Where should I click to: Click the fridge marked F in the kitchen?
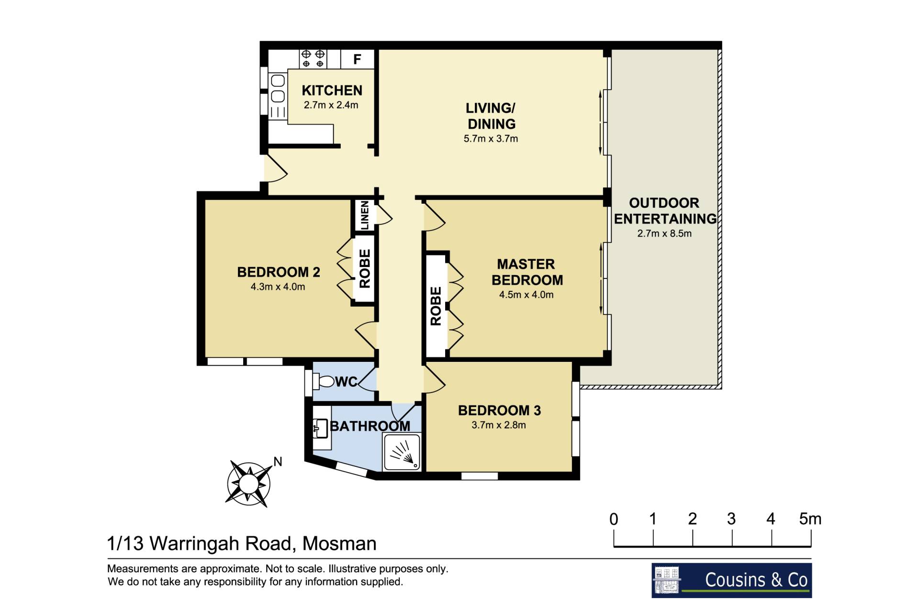click(x=357, y=59)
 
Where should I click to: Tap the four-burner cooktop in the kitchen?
click(x=313, y=59)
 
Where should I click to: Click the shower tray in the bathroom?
click(x=402, y=451)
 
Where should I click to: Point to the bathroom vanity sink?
click(x=321, y=428)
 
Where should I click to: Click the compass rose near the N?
click(x=248, y=483)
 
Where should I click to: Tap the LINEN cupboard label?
click(x=365, y=215)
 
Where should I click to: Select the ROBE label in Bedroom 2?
click(x=365, y=268)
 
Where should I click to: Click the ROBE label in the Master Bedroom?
click(x=436, y=306)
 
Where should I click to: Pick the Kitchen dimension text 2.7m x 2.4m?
click(x=331, y=105)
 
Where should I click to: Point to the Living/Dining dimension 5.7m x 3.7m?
click(x=491, y=139)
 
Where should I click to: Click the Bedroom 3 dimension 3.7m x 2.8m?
click(x=499, y=425)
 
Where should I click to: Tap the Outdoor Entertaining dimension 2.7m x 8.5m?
click(x=664, y=233)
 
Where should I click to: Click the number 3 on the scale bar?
click(x=731, y=519)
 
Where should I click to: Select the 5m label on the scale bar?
click(x=810, y=519)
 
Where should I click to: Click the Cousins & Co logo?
click(x=731, y=580)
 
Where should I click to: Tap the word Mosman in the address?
click(x=339, y=544)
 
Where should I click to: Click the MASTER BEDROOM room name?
click(x=527, y=272)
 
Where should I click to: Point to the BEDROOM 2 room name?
click(x=279, y=272)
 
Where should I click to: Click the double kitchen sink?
click(x=278, y=89)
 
